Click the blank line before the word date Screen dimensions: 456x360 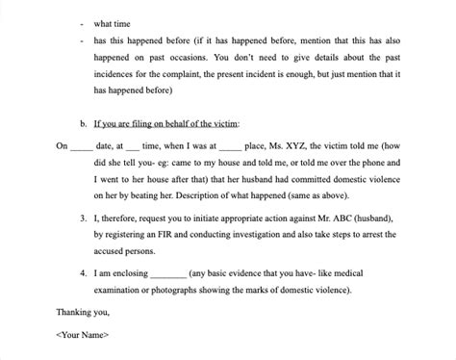[x=82, y=149]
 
